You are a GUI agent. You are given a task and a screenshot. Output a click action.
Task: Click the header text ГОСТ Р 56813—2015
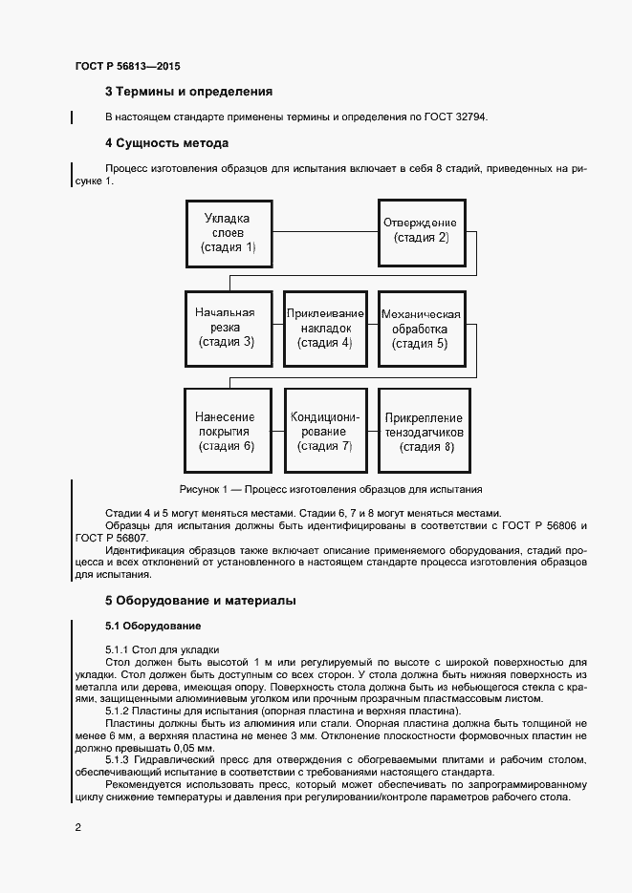[x=127, y=67]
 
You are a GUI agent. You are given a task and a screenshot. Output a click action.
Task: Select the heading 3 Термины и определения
[x=188, y=92]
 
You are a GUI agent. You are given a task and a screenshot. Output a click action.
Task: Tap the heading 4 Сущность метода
[x=166, y=143]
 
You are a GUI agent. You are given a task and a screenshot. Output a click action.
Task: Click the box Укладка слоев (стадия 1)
[x=228, y=233]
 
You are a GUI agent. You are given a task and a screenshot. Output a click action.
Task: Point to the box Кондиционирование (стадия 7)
[x=325, y=431]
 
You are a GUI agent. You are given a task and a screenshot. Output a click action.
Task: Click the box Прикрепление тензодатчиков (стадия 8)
[x=423, y=431]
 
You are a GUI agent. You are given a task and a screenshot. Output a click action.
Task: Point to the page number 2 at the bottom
[x=77, y=826]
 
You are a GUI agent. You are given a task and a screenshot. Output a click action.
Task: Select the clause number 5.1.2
[x=120, y=711]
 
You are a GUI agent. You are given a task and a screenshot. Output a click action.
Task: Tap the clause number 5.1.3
[x=120, y=760]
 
